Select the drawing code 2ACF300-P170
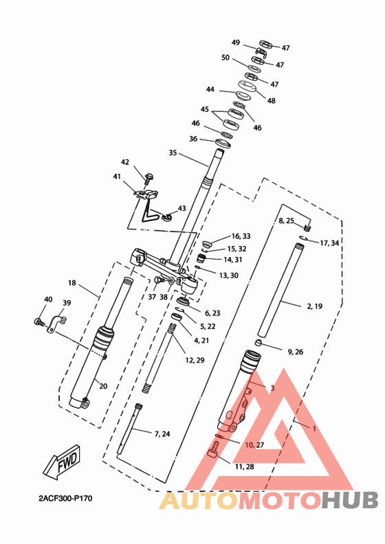[65, 499]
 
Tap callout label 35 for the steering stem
[173, 152]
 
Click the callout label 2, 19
[314, 306]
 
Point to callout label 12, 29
[195, 360]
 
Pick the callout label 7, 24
[162, 433]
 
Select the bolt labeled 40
[39, 322]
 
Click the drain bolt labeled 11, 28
[214, 451]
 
